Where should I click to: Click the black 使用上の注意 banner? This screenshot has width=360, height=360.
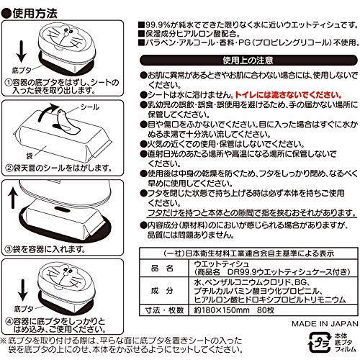[x=245, y=63]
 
